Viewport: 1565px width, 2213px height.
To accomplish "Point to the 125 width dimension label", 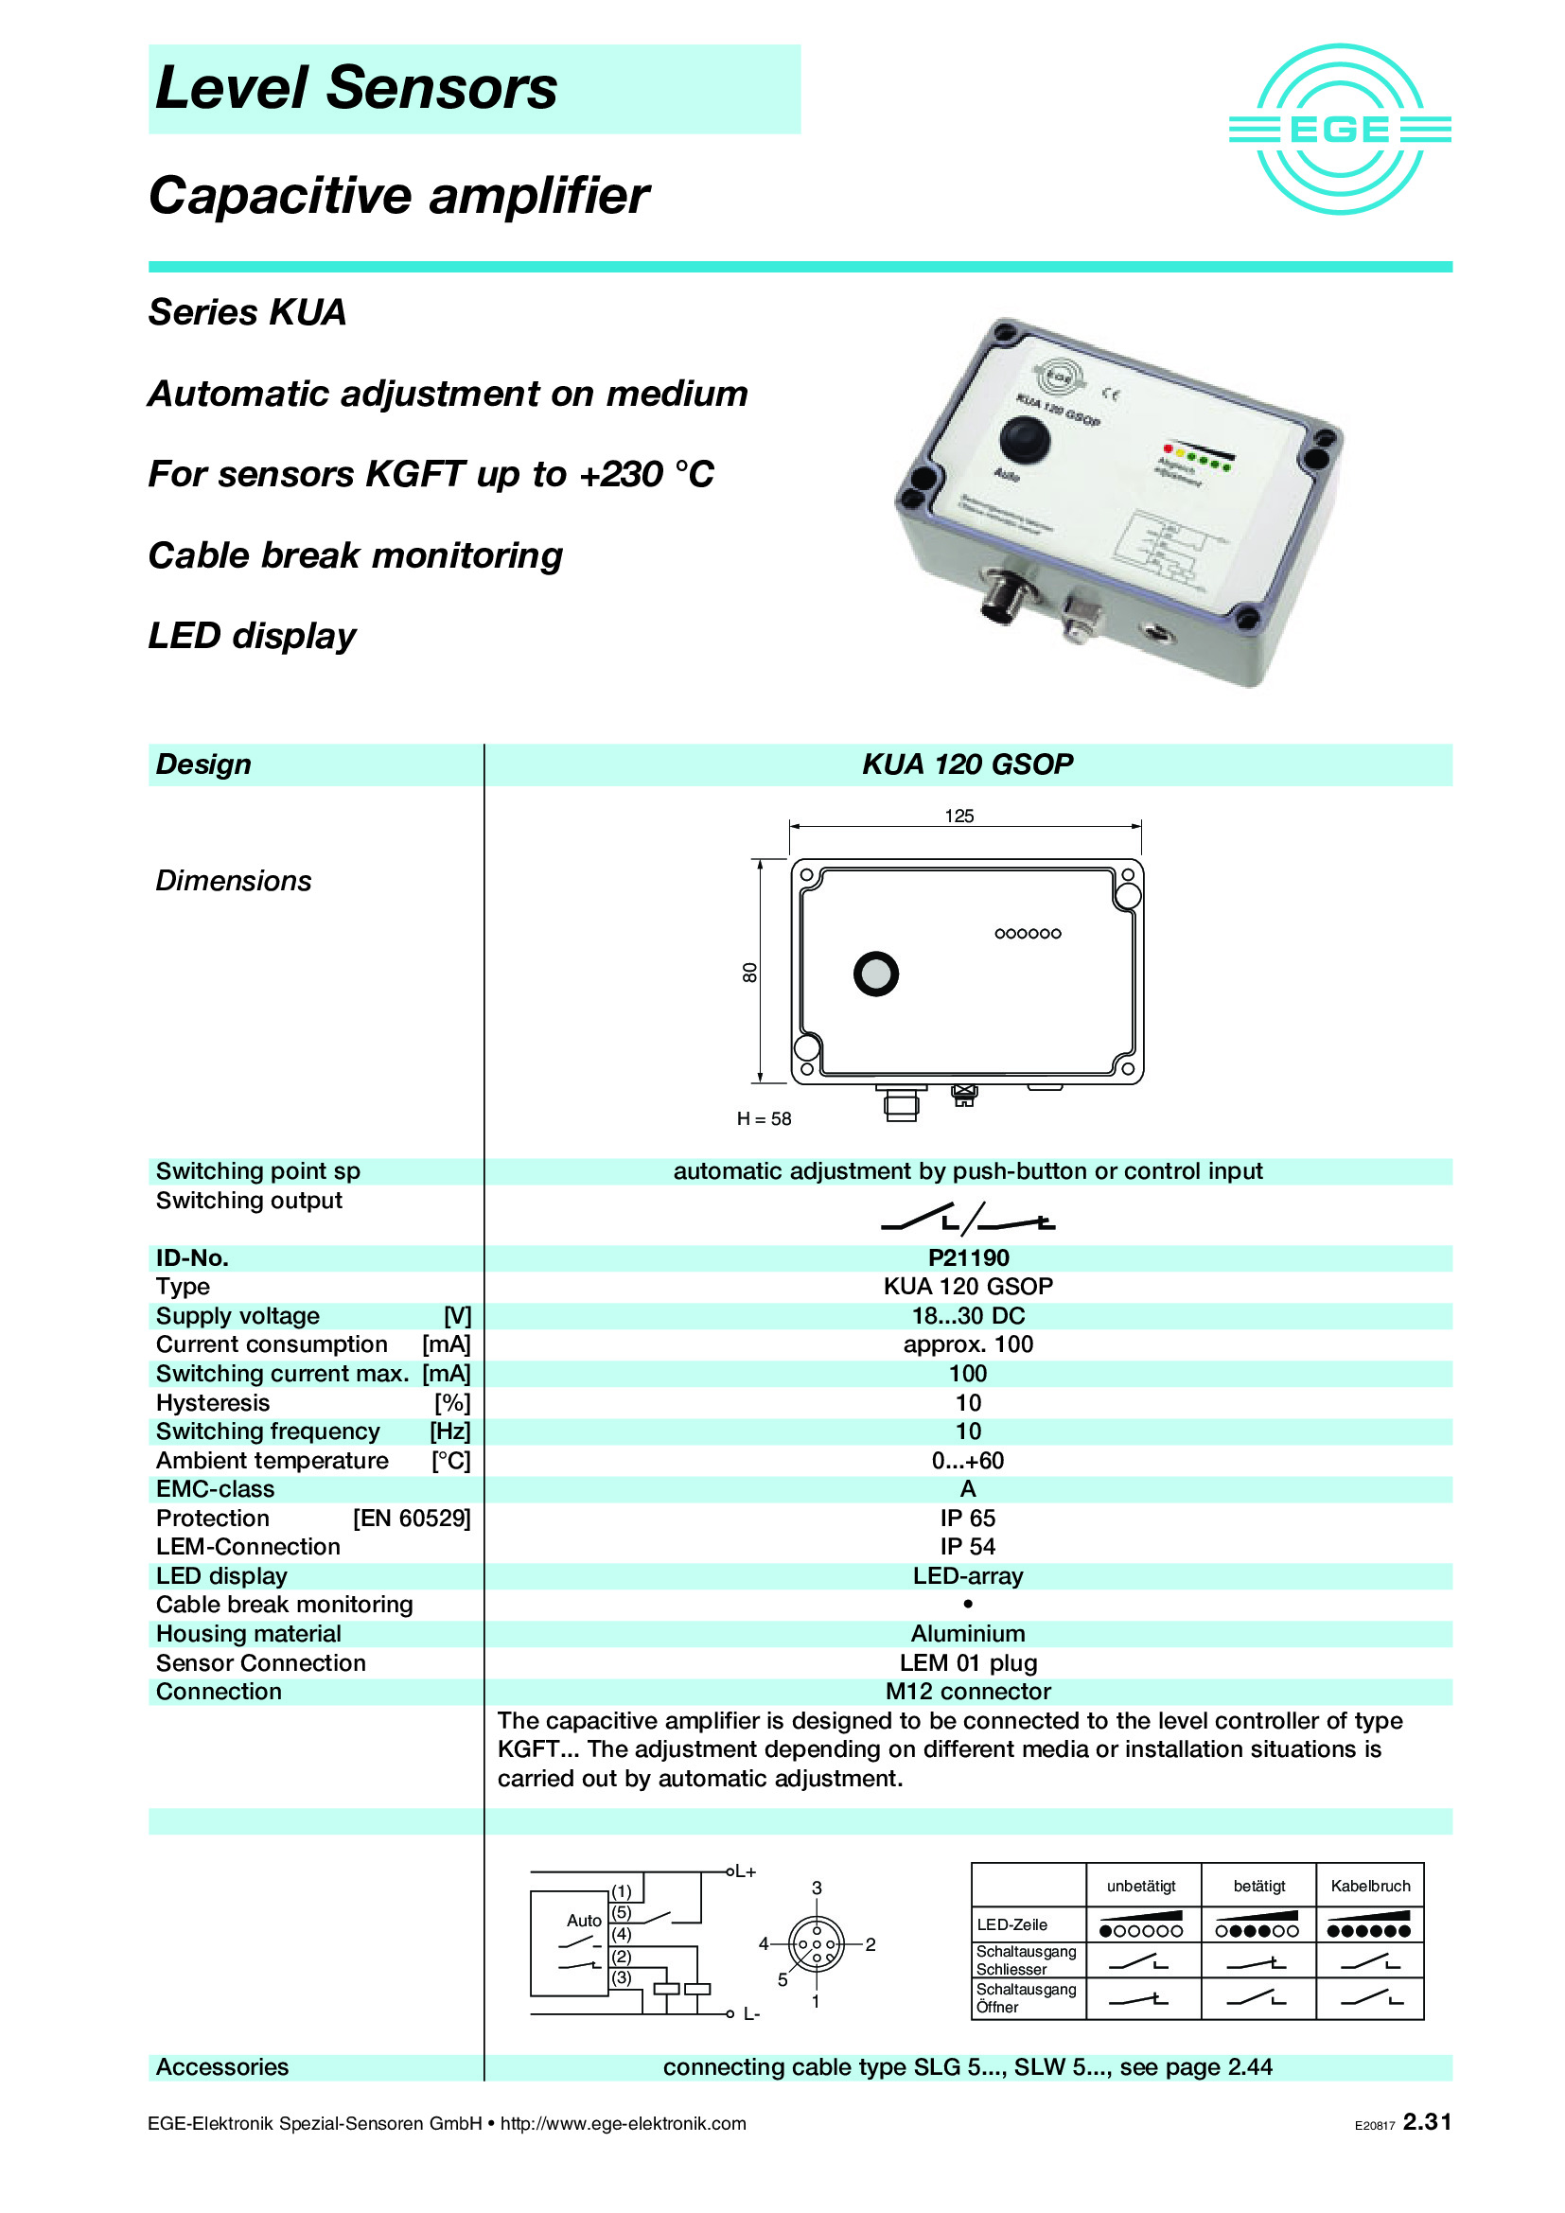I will tap(958, 816).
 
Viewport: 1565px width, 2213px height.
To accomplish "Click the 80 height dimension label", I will tap(749, 972).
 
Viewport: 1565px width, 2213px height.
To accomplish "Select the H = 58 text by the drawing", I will tap(764, 1118).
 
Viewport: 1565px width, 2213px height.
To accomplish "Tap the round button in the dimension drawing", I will tap(875, 973).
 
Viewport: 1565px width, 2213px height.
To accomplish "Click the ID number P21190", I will tap(968, 1256).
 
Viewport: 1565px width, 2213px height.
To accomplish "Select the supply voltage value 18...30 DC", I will tap(968, 1315).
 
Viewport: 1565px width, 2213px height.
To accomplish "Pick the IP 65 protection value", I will tap(968, 1517).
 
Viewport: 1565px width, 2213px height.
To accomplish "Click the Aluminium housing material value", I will tap(968, 1633).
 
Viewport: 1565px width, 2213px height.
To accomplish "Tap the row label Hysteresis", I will tap(213, 1401).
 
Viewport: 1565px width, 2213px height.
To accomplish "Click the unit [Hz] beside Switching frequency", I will tap(450, 1431).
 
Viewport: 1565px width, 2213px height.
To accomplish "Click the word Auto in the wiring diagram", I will tap(584, 1920).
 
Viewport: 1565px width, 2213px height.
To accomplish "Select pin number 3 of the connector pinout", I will tap(817, 1888).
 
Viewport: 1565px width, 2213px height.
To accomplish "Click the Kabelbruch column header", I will tap(1369, 1886).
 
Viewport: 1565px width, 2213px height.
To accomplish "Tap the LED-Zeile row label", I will tap(1011, 1923).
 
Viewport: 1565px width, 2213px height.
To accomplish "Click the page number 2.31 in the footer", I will tap(1426, 2121).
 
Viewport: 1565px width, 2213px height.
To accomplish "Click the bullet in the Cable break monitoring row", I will tap(968, 1604).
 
